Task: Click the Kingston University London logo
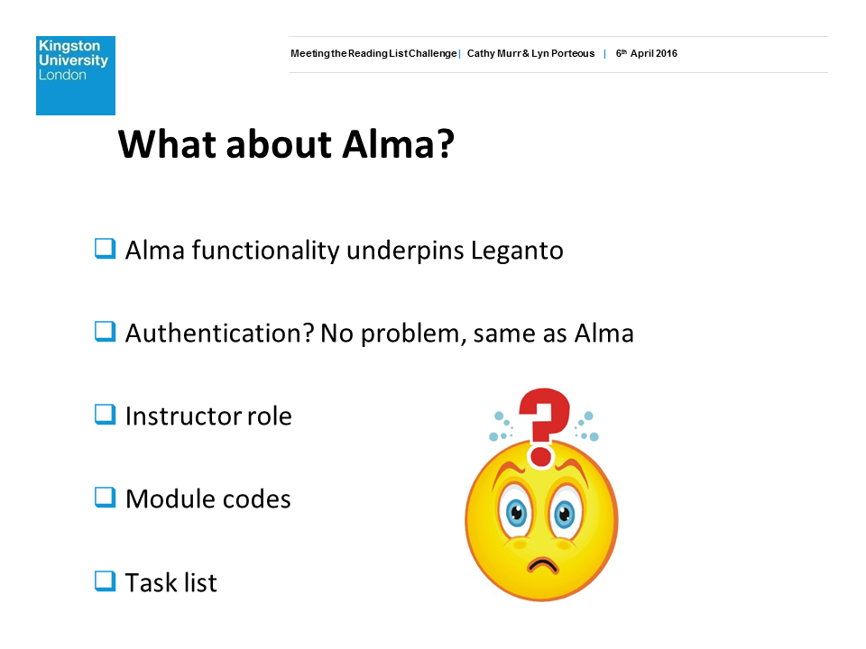[x=76, y=76]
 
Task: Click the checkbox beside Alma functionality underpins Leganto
[x=105, y=249]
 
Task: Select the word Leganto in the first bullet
[x=517, y=251]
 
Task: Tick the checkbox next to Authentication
[x=105, y=332]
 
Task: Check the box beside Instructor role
[x=105, y=415]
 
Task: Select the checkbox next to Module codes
[x=105, y=498]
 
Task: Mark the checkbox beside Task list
[x=105, y=581]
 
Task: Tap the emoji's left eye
[x=516, y=513]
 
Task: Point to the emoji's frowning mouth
[x=543, y=565]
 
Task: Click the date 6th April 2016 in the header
[x=646, y=53]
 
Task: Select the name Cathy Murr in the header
[x=493, y=53]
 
